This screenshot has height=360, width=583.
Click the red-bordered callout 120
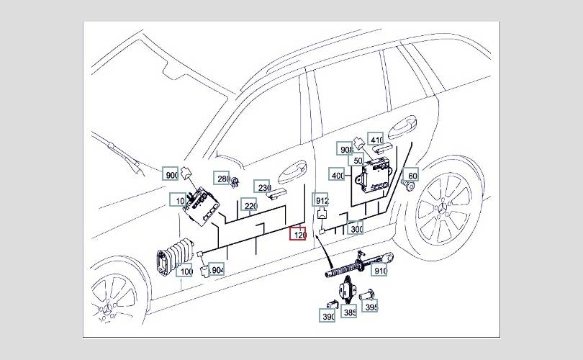click(x=298, y=233)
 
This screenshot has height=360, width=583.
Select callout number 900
click(x=171, y=174)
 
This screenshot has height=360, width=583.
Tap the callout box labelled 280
click(x=222, y=178)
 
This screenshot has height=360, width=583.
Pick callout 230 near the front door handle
click(x=262, y=187)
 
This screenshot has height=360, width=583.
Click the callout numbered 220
click(x=249, y=205)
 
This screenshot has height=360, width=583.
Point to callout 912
click(x=320, y=200)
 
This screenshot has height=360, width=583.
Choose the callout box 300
click(x=355, y=228)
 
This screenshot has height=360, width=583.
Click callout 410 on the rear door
click(x=376, y=139)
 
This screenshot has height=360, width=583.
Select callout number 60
click(x=411, y=175)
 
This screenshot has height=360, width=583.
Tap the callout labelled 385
click(x=349, y=312)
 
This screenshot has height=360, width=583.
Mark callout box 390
click(x=327, y=315)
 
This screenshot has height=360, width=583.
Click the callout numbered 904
click(x=216, y=269)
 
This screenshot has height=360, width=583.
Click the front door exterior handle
click(x=293, y=172)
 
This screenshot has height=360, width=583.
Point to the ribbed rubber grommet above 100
click(x=176, y=257)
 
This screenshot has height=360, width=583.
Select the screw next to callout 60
click(x=409, y=185)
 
